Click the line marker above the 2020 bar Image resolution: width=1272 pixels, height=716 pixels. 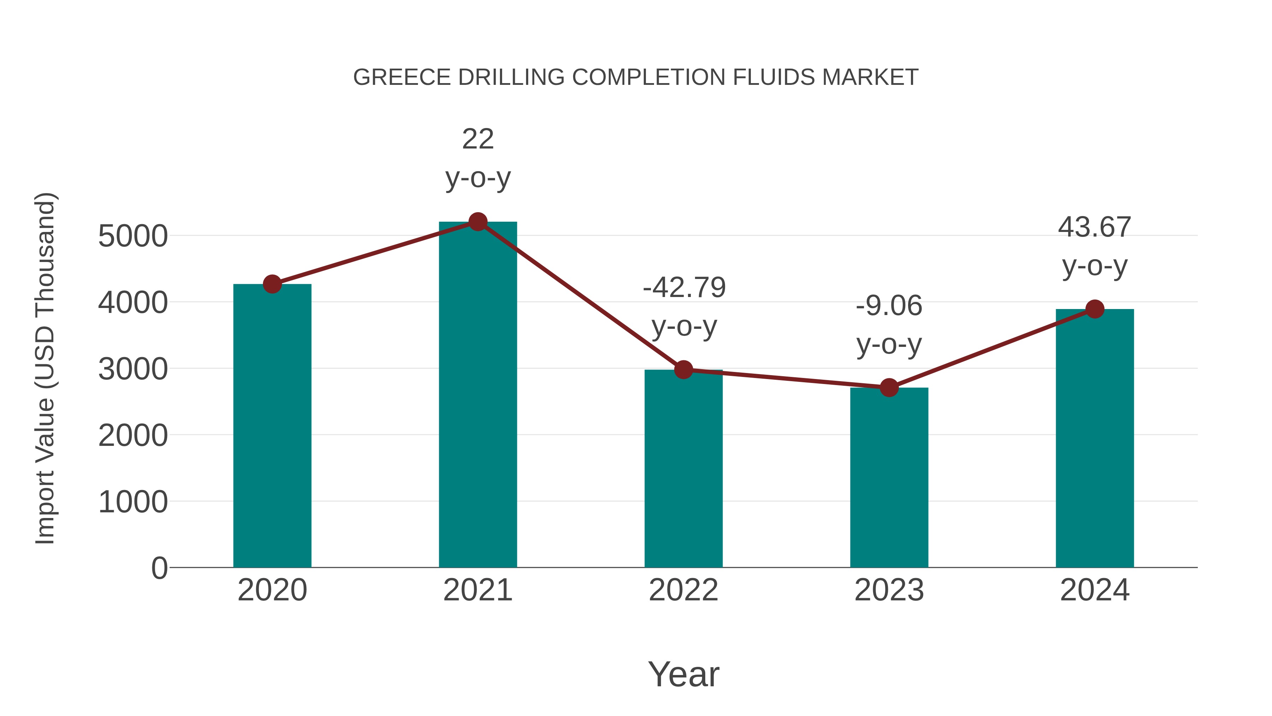(x=272, y=284)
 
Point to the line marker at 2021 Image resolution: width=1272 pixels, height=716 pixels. (x=477, y=222)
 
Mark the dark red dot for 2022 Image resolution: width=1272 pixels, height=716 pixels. (x=683, y=369)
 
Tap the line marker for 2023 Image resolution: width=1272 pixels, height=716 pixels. (x=889, y=388)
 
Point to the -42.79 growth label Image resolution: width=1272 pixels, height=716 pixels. (x=684, y=287)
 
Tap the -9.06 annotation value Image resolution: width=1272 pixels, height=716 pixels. (x=889, y=306)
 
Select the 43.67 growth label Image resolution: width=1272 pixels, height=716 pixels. (x=1094, y=227)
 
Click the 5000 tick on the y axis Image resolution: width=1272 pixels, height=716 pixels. (x=133, y=236)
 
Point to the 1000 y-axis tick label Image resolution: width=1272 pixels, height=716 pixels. (x=133, y=502)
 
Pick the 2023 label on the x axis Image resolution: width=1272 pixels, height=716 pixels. (x=889, y=590)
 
